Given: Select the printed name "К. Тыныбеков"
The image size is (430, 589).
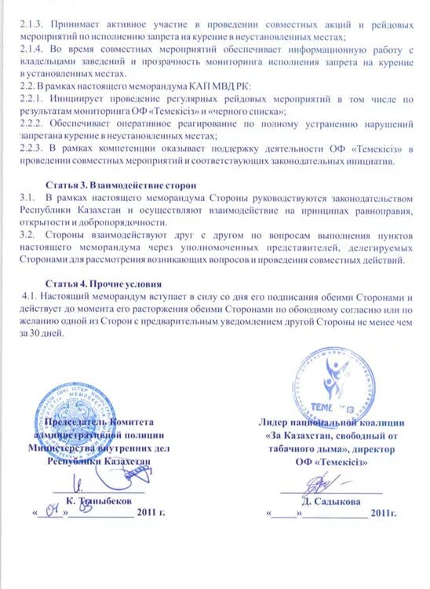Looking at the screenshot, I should coord(99,499).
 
